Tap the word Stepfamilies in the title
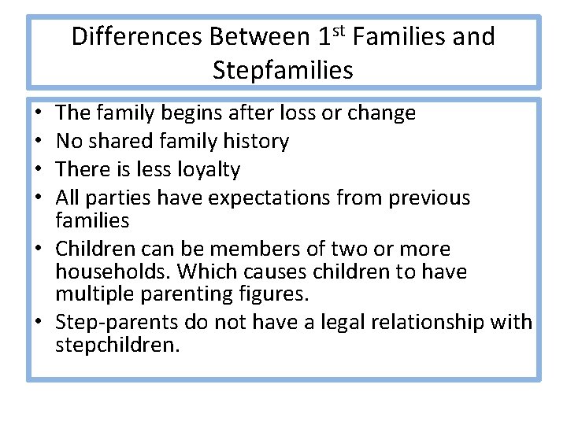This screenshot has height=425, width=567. pos(283,71)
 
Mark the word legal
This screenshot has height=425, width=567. pos(337,323)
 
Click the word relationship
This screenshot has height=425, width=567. pos(430,323)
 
